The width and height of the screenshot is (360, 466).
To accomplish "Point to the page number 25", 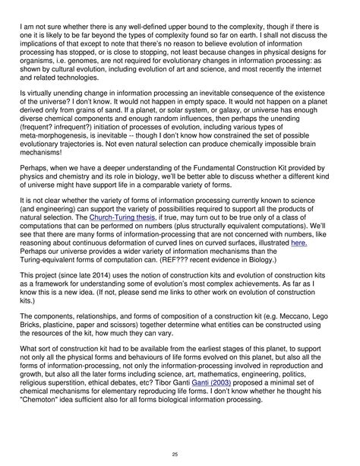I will [180, 454].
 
